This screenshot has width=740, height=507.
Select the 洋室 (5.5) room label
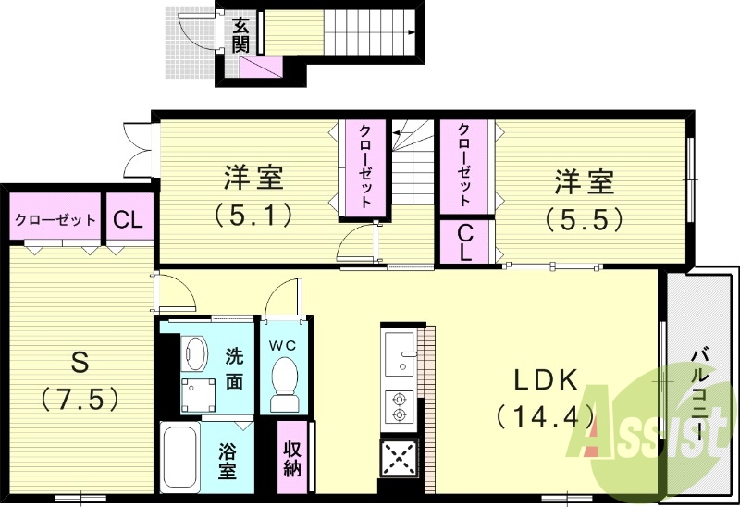584,200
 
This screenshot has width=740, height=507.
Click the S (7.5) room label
80,380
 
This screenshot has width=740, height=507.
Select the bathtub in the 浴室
180,457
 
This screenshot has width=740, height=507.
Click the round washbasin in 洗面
194,352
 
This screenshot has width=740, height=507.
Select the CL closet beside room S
128,220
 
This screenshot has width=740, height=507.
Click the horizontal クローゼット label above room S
55,220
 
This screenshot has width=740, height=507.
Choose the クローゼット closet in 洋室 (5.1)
365,167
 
